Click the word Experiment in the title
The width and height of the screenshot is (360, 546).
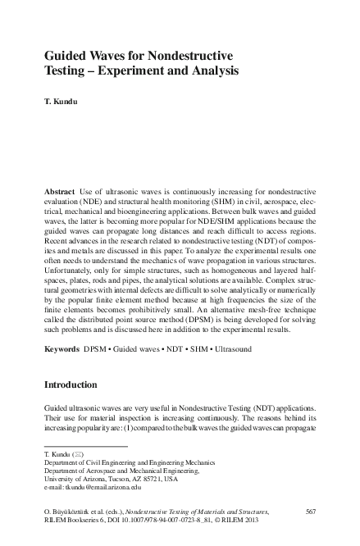(148, 71)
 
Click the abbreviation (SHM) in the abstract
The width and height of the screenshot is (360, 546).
(213, 201)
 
